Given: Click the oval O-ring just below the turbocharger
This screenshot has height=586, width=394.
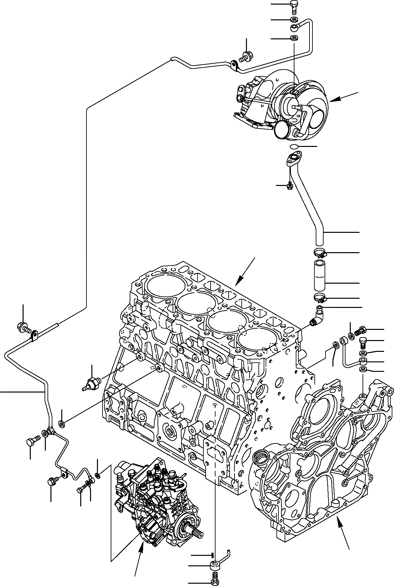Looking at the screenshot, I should click(x=294, y=146).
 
